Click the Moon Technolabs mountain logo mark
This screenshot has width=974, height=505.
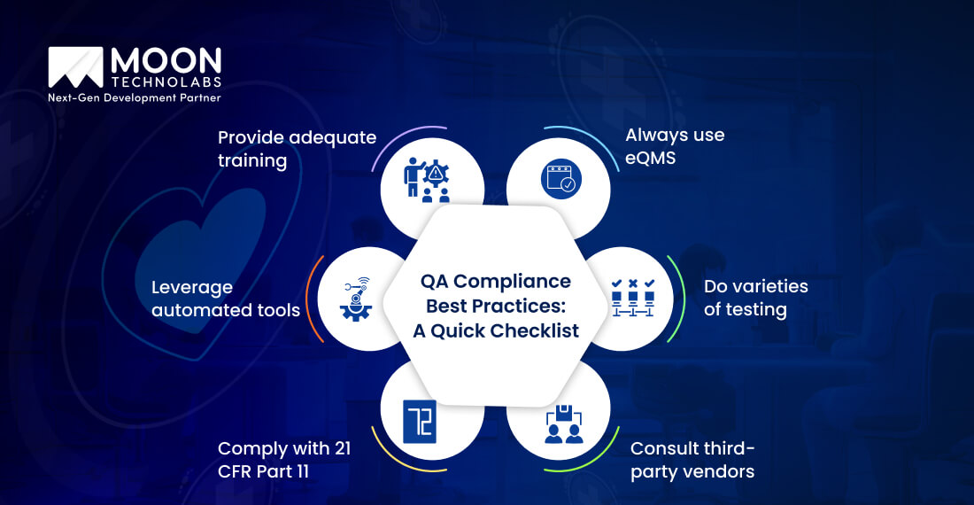pos(76,68)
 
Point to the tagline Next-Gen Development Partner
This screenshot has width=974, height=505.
pos(135,97)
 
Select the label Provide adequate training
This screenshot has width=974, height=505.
pos(297,149)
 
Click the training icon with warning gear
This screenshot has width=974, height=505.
pos(432,180)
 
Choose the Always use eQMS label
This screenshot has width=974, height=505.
pos(675,146)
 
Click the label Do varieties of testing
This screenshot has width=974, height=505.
pos(755,298)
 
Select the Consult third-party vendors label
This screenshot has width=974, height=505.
pos(692,459)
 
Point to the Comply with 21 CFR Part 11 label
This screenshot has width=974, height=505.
pos(284,459)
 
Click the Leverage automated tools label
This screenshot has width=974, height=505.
pos(226,299)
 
